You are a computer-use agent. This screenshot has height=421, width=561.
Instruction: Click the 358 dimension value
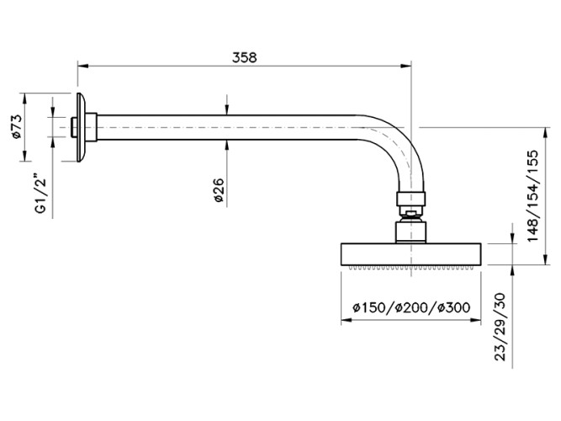point(244,57)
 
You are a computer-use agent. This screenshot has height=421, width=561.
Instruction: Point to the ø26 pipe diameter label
point(217,193)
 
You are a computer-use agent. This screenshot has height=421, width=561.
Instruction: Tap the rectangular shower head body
point(412,253)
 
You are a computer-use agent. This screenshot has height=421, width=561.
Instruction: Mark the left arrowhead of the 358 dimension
point(82,65)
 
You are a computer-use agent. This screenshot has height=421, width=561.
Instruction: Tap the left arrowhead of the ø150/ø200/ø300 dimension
point(344,319)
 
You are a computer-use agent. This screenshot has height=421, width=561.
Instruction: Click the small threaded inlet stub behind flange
point(74,127)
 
